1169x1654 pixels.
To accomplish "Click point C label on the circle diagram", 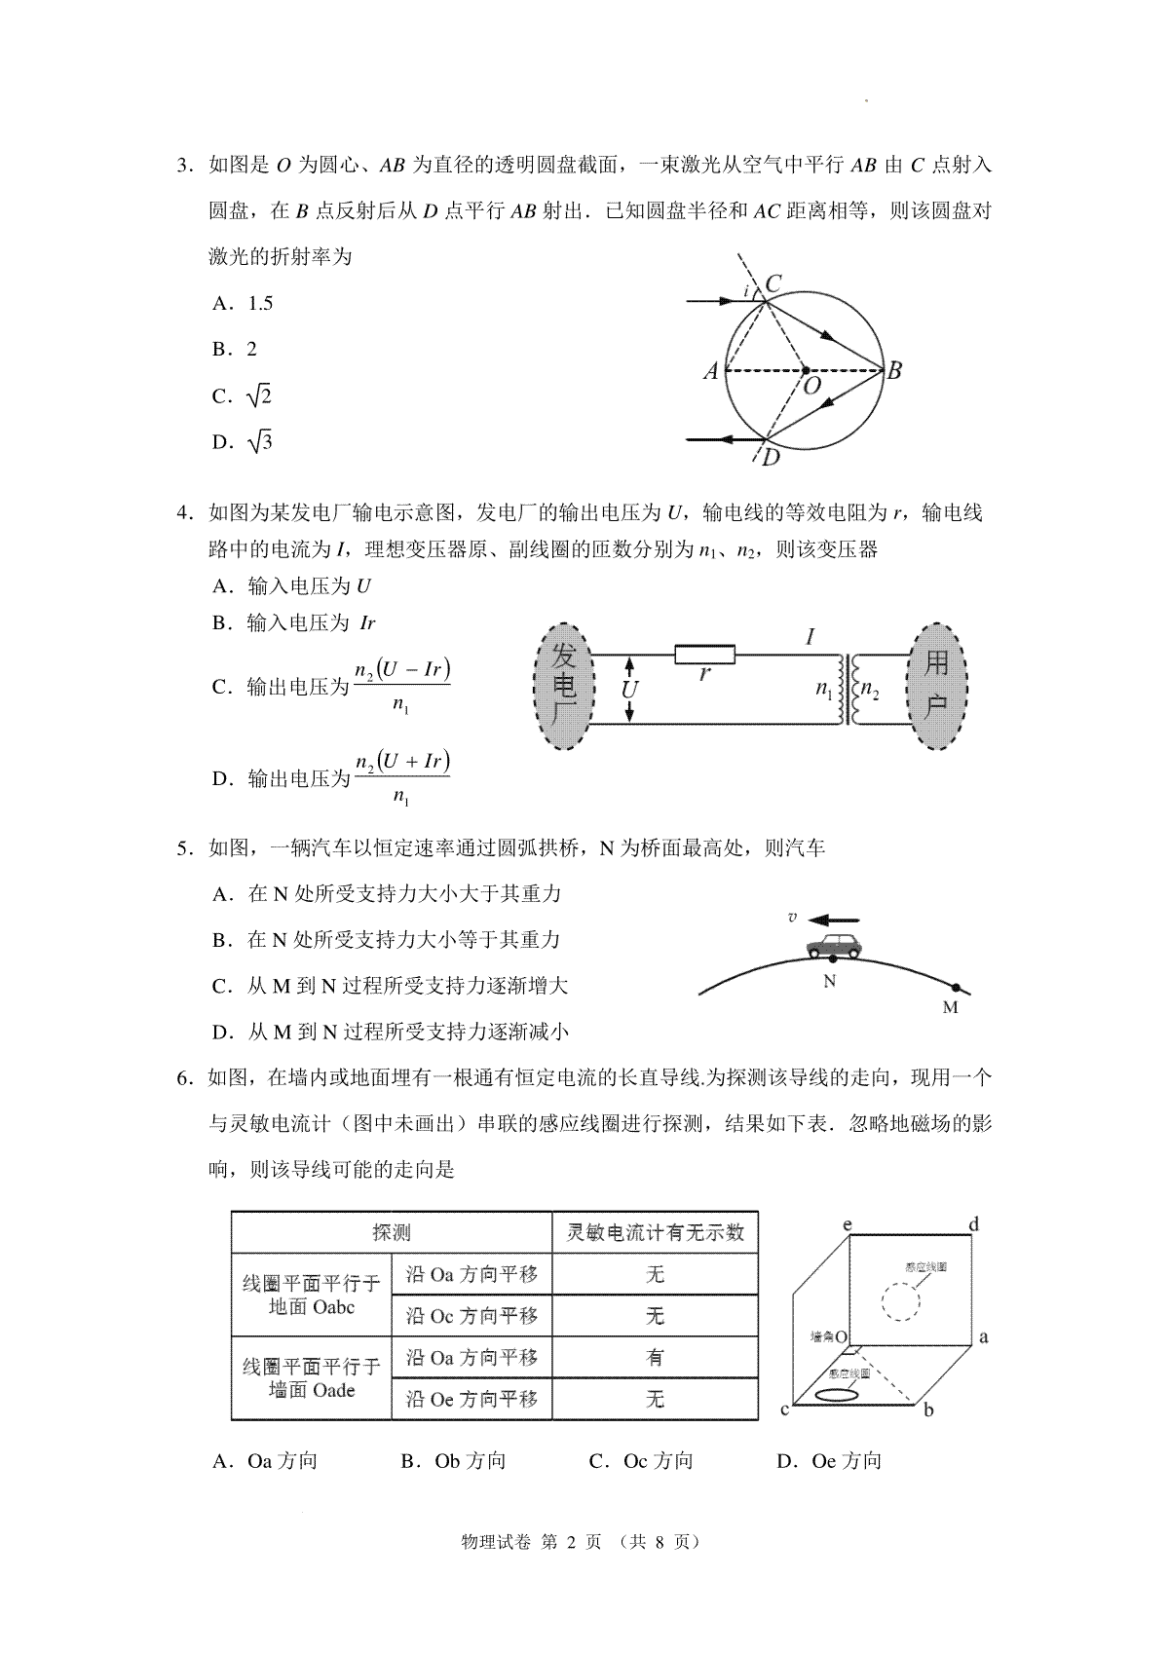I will pyautogui.click(x=773, y=283).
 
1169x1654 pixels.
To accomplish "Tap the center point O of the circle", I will pyautogui.click(x=805, y=370).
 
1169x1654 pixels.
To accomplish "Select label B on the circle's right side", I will pyautogui.click(x=892, y=370).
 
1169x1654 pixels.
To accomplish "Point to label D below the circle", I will pyautogui.click(x=771, y=457).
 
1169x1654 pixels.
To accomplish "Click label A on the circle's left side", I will pyautogui.click(x=711, y=371).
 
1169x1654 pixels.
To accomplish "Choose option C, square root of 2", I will pyautogui.click(x=243, y=395).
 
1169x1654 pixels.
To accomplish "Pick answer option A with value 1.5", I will pyautogui.click(x=243, y=303).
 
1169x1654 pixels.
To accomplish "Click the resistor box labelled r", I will pyautogui.click(x=705, y=654).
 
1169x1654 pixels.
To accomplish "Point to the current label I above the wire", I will pyautogui.click(x=811, y=638).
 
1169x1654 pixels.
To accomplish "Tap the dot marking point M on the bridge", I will pyautogui.click(x=956, y=988).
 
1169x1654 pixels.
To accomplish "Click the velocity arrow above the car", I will pyautogui.click(x=836, y=919).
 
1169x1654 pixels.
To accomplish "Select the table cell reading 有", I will pyautogui.click(x=655, y=1357).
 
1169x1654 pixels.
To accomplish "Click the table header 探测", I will pyautogui.click(x=392, y=1232).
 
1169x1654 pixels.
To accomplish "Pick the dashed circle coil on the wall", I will pyautogui.click(x=899, y=1300).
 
